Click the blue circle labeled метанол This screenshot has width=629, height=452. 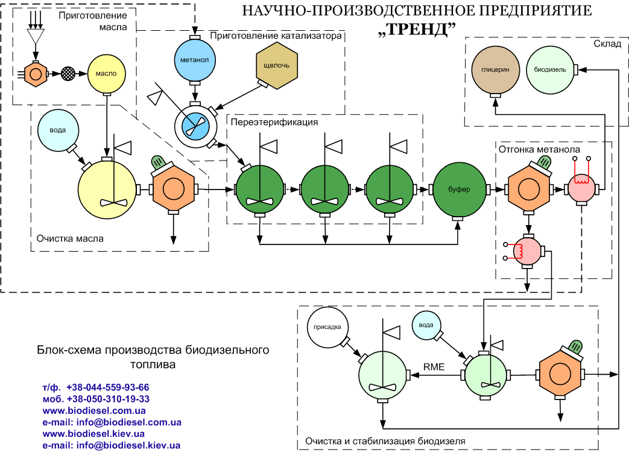[194, 61]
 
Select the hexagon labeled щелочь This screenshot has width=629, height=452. [277, 66]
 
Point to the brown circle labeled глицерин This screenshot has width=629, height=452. [495, 70]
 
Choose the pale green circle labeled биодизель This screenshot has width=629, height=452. [549, 70]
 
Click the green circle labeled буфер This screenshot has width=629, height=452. [458, 189]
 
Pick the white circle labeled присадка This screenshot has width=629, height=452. [328, 328]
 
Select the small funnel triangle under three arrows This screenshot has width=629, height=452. [36, 37]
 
